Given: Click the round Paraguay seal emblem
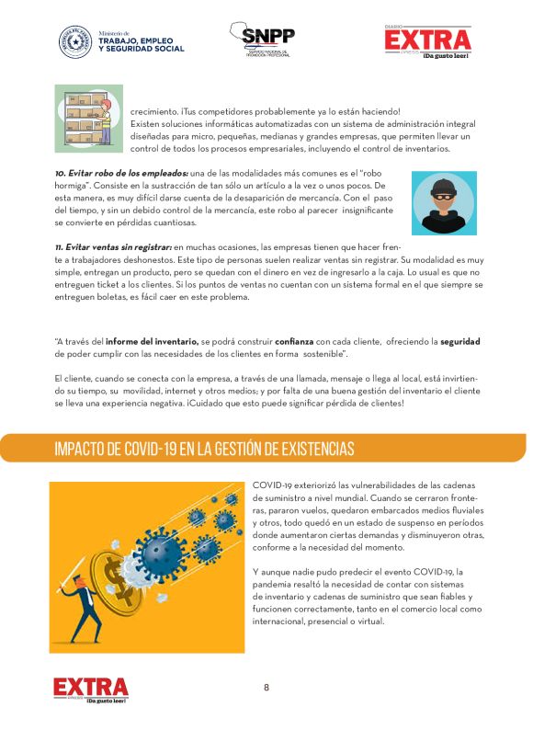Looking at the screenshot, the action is point(75,41).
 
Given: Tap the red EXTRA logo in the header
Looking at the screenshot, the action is point(427,40).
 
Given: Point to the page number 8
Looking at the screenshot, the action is point(266,688).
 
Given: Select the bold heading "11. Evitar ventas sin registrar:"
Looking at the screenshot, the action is point(113,246).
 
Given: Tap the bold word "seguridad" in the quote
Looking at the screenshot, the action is point(459,341).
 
